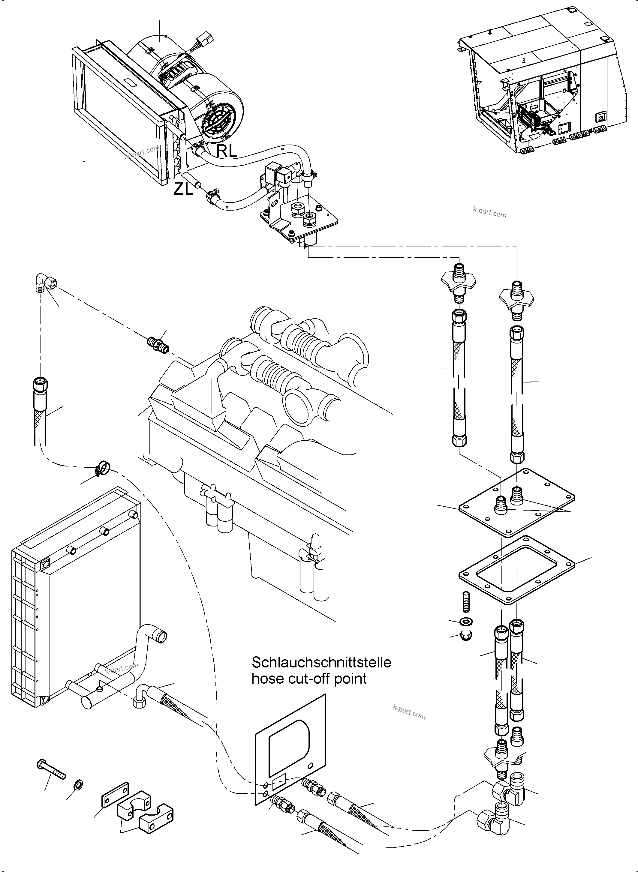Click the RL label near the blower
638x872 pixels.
226,151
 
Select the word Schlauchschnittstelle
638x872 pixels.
321,662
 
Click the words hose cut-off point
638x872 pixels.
309,679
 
